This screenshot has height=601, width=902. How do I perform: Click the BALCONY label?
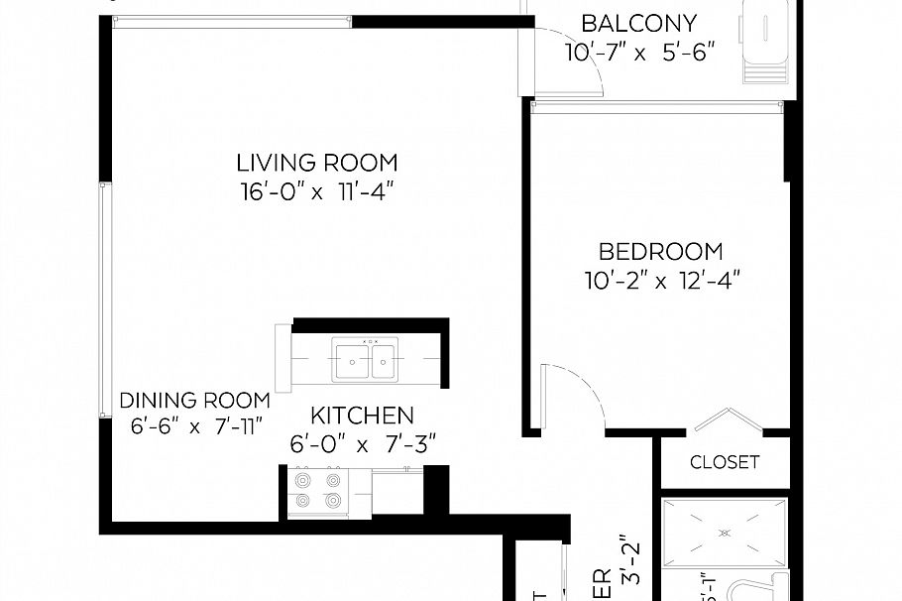point(638,23)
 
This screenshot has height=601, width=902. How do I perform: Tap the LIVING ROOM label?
point(316,162)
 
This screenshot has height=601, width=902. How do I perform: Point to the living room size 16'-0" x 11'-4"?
point(316,192)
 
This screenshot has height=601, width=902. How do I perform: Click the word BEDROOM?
point(661,252)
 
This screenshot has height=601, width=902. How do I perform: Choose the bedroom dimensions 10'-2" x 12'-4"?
point(661,281)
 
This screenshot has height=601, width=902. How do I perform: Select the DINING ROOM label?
point(194,401)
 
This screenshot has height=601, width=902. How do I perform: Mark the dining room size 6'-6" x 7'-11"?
point(194,427)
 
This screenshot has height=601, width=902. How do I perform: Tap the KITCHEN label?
point(362,415)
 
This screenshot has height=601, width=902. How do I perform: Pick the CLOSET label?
point(725,462)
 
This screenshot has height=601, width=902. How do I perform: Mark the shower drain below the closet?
point(725,533)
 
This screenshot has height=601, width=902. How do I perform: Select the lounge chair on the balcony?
point(766,45)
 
